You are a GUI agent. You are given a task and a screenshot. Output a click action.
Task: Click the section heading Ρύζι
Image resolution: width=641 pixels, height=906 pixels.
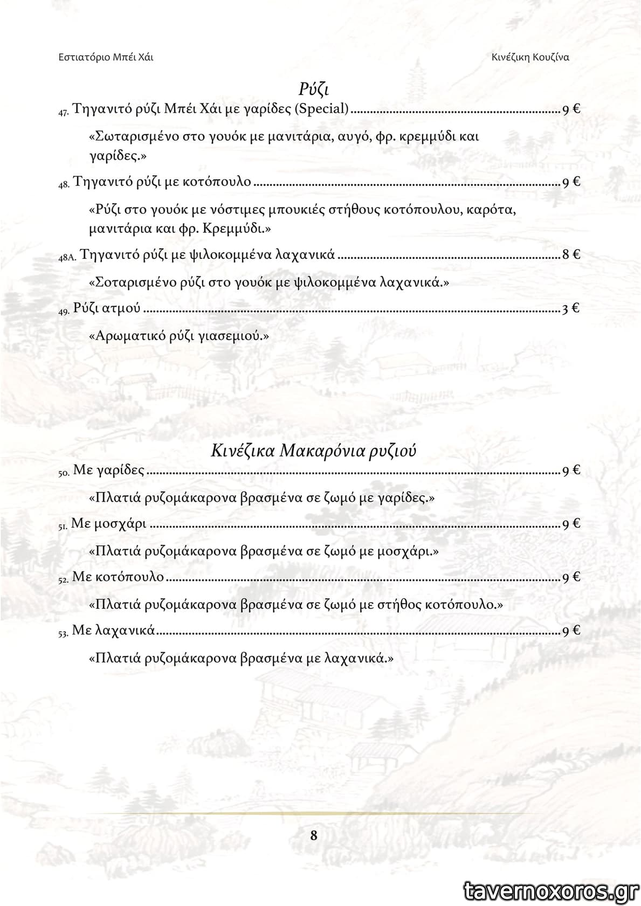[313, 88]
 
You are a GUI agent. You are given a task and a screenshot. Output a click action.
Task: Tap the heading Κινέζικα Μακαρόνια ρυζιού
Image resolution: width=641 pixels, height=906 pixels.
[313, 451]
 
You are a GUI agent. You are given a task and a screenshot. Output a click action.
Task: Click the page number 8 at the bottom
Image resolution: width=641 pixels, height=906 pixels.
[314, 835]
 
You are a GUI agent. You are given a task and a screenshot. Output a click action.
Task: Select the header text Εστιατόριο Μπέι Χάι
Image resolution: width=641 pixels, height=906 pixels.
[106, 57]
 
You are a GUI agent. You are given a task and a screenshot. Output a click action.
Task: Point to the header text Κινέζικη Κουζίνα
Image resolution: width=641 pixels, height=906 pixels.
[530, 57]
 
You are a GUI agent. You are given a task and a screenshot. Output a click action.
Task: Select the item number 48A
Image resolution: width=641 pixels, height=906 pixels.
[68, 258]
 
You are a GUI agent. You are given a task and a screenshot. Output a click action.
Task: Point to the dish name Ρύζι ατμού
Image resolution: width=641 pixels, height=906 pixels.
[107, 308]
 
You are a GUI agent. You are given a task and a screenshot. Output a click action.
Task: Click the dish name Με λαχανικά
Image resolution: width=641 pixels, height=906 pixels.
[113, 630]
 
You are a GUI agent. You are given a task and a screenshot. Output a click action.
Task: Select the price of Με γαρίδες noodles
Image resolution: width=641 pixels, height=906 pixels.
[571, 471]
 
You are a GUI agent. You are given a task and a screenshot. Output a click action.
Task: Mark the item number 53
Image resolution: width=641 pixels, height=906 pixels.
[63, 633]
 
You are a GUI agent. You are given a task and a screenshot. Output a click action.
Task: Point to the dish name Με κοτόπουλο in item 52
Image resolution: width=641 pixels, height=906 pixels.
[118, 577]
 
